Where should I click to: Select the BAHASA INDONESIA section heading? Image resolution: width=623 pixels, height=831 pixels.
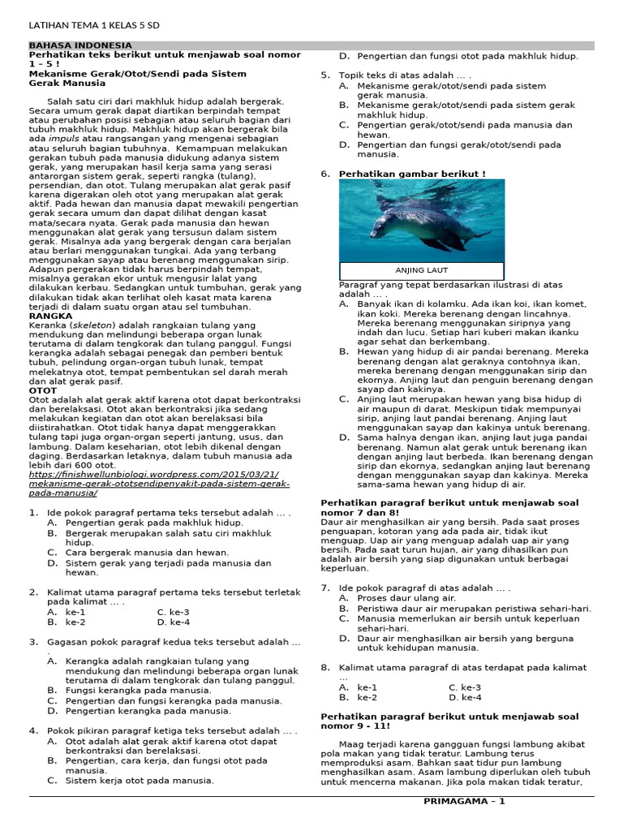point(80,45)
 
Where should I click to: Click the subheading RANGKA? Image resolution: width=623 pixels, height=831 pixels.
point(50,316)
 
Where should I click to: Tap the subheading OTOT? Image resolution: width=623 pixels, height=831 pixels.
point(43,390)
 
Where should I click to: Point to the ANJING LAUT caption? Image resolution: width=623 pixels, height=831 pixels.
point(421,270)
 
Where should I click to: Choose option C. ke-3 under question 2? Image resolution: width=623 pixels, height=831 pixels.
point(173,612)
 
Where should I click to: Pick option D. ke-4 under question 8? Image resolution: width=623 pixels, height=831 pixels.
point(465,697)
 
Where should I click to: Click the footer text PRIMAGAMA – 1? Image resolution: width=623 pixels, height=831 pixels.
point(464,802)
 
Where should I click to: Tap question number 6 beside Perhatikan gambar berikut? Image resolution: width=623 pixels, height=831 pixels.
point(325,174)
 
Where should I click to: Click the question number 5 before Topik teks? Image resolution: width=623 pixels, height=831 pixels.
point(325,75)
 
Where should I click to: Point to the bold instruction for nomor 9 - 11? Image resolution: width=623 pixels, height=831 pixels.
point(449,721)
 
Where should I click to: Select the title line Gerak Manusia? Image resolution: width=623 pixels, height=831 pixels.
point(67,83)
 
